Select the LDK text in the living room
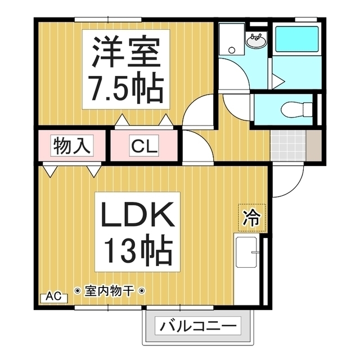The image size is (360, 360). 136,216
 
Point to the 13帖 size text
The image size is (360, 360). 136,251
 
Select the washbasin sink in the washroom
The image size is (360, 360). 256,40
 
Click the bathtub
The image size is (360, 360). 297,38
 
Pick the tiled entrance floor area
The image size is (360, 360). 288,144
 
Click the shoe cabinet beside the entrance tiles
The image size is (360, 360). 313,144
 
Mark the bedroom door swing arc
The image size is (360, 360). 198,112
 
